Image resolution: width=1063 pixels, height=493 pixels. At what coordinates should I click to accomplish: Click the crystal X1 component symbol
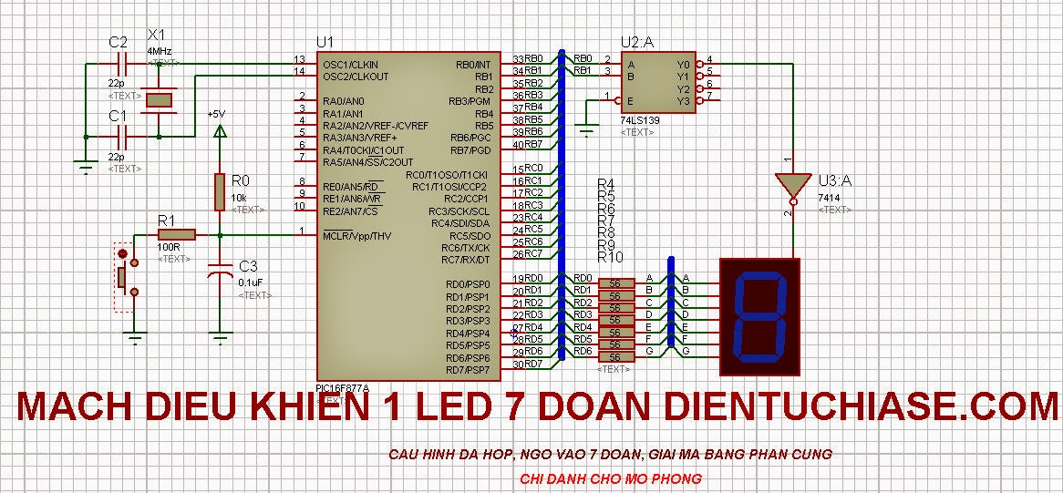[x=160, y=99]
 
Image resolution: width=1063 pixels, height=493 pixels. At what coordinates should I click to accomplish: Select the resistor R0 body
[x=219, y=190]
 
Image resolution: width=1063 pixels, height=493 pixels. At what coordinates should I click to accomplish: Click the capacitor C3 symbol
[x=219, y=273]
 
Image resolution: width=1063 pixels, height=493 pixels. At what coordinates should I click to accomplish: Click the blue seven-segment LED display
[x=759, y=316]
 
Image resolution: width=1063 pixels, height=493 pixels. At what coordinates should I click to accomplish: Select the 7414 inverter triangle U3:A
[x=792, y=185]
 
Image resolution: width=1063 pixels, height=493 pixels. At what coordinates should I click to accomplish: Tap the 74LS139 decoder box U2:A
[x=658, y=82]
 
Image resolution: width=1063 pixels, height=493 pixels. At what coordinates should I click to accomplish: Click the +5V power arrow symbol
[x=218, y=132]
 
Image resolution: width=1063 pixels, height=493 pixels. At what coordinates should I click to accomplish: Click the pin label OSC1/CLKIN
[x=350, y=65]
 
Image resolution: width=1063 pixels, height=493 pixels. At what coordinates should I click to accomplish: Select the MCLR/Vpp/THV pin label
[x=356, y=236]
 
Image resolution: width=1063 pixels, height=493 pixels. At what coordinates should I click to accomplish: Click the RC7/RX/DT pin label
[x=466, y=260]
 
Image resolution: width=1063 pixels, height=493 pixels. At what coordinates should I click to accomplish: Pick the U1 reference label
[x=325, y=42]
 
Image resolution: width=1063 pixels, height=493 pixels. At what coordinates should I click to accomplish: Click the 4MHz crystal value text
[x=160, y=52]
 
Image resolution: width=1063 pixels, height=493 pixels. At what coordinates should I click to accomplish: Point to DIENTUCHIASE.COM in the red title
[x=862, y=407]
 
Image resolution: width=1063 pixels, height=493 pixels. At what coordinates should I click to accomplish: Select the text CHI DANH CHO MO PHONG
[x=611, y=478]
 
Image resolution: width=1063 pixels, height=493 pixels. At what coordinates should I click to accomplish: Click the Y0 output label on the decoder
[x=685, y=65]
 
